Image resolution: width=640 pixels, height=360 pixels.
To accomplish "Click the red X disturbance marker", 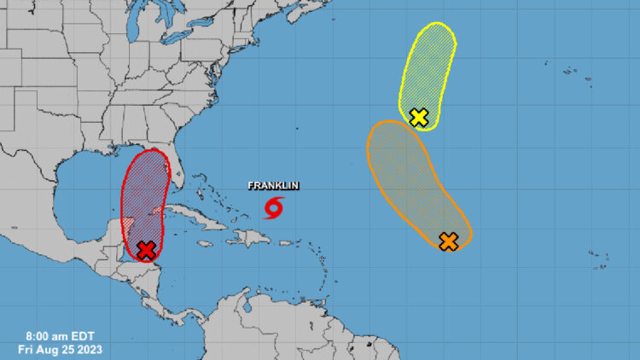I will (146, 249).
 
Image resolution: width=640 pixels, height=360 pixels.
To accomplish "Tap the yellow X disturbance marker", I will (418, 117).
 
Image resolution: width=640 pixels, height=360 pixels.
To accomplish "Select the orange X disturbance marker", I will (448, 241).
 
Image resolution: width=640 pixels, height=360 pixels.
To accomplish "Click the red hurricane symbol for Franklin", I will (274, 207).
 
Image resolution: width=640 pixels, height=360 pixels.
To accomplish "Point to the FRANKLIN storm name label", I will (273, 186).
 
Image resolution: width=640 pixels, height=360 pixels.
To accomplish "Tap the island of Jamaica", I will (205, 243).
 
